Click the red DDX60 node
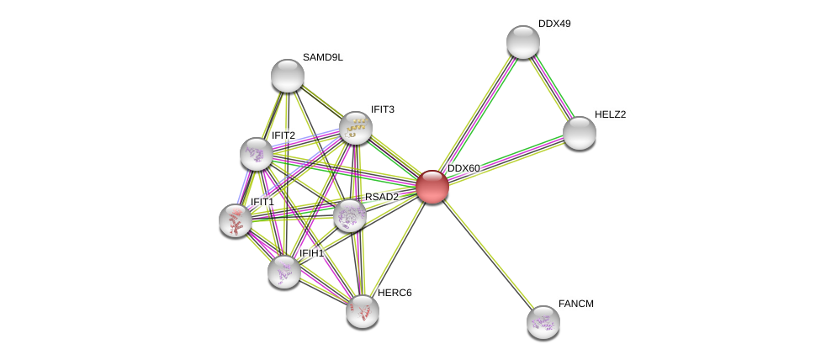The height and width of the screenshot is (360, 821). pyautogui.click(x=432, y=187)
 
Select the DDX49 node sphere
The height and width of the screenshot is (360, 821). pyautogui.click(x=523, y=42)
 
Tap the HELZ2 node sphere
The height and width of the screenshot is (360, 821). pyautogui.click(x=579, y=134)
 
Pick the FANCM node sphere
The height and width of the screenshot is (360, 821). pyautogui.click(x=543, y=322)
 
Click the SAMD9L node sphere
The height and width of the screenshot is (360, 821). pyautogui.click(x=288, y=76)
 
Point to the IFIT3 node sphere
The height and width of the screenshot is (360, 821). pyautogui.click(x=356, y=128)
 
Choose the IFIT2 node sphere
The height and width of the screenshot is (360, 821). pyautogui.click(x=256, y=154)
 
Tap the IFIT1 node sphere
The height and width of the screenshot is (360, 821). pyautogui.click(x=236, y=220)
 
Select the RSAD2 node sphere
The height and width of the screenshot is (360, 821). pyautogui.click(x=350, y=215)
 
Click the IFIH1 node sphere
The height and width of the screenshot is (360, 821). pyautogui.click(x=284, y=272)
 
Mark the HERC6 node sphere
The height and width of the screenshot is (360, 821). pyautogui.click(x=363, y=312)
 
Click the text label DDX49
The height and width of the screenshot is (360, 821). pyautogui.click(x=554, y=24)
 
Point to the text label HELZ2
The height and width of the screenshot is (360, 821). pyautogui.click(x=611, y=114)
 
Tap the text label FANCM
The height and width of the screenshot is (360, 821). pyautogui.click(x=576, y=304)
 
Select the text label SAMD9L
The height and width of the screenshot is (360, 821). pyautogui.click(x=323, y=57)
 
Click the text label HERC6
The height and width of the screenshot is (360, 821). pyautogui.click(x=395, y=293)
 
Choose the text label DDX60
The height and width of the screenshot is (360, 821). pyautogui.click(x=463, y=168)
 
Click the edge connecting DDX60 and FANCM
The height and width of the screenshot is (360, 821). pyautogui.click(x=488, y=255)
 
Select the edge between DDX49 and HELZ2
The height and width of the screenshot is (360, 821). pyautogui.click(x=551, y=87)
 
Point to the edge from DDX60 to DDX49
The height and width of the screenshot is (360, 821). pyautogui.click(x=478, y=114)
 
